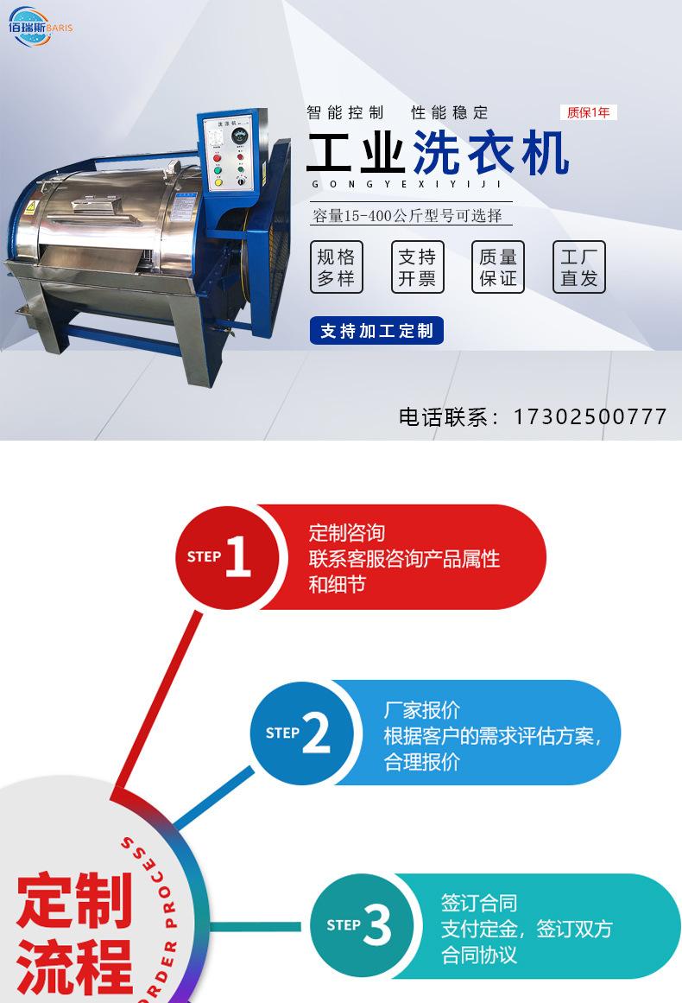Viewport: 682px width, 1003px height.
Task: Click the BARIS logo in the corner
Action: [40, 25]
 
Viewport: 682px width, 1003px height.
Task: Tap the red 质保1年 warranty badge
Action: [588, 112]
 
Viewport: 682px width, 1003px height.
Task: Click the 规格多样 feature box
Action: [336, 267]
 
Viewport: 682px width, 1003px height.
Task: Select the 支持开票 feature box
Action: [417, 267]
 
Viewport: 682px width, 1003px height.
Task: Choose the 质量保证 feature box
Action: [498, 267]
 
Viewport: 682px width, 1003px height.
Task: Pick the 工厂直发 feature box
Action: [579, 267]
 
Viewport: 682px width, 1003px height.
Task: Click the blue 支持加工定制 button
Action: [376, 331]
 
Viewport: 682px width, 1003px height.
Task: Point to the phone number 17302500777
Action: [590, 416]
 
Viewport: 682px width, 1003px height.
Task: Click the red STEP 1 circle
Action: [227, 557]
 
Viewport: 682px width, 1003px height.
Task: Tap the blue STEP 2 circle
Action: [302, 733]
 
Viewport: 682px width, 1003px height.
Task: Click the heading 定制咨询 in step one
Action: [347, 532]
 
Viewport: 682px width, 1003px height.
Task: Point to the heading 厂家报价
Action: [422, 710]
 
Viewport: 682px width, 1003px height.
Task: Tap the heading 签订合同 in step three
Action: [479, 903]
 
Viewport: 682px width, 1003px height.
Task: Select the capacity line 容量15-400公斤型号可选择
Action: [407, 215]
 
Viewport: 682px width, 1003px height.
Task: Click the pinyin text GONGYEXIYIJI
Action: [405, 183]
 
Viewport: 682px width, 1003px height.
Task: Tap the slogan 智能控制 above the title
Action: [345, 112]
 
